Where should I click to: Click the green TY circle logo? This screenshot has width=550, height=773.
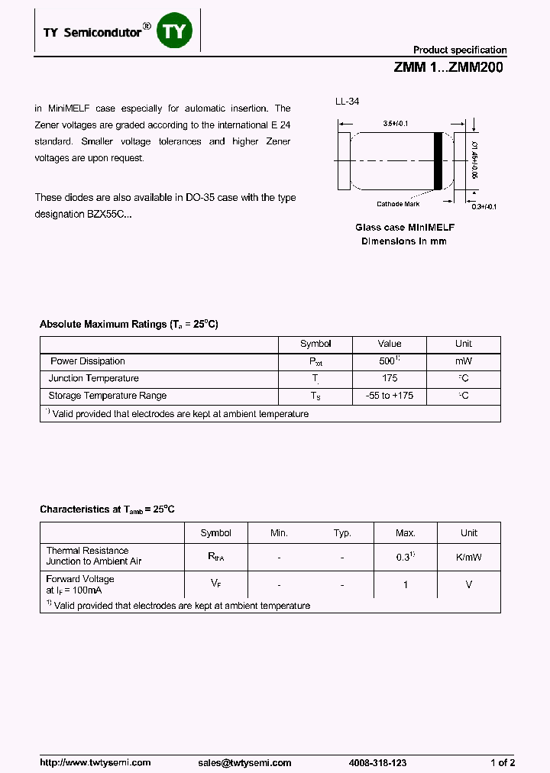tap(176, 31)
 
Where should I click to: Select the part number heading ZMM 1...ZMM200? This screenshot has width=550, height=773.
tap(448, 67)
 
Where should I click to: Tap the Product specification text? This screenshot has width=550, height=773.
tap(460, 50)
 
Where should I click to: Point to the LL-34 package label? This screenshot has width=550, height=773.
tap(347, 102)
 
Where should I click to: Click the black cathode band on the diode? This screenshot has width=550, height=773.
tap(438, 160)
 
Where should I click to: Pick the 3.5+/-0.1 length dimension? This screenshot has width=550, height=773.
tap(396, 123)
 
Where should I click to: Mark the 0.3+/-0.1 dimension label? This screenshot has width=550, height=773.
tap(484, 207)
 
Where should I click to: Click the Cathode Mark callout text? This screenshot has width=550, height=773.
tap(398, 204)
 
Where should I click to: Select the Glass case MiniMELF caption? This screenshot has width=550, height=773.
tap(405, 228)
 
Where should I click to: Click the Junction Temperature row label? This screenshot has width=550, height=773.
tap(94, 378)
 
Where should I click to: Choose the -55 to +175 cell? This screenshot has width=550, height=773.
tap(390, 396)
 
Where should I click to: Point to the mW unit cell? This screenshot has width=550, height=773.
tap(464, 361)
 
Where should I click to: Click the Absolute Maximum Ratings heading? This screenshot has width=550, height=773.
tap(128, 325)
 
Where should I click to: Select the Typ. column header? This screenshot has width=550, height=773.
tap(342, 533)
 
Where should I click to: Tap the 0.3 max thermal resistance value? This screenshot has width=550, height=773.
tap(404, 557)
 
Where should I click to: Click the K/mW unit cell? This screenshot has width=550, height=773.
tap(468, 557)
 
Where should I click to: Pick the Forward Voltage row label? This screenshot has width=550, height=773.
tap(80, 580)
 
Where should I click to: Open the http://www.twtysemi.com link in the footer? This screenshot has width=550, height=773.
tap(95, 762)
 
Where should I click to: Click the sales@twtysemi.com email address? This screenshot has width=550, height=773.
tap(244, 762)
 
